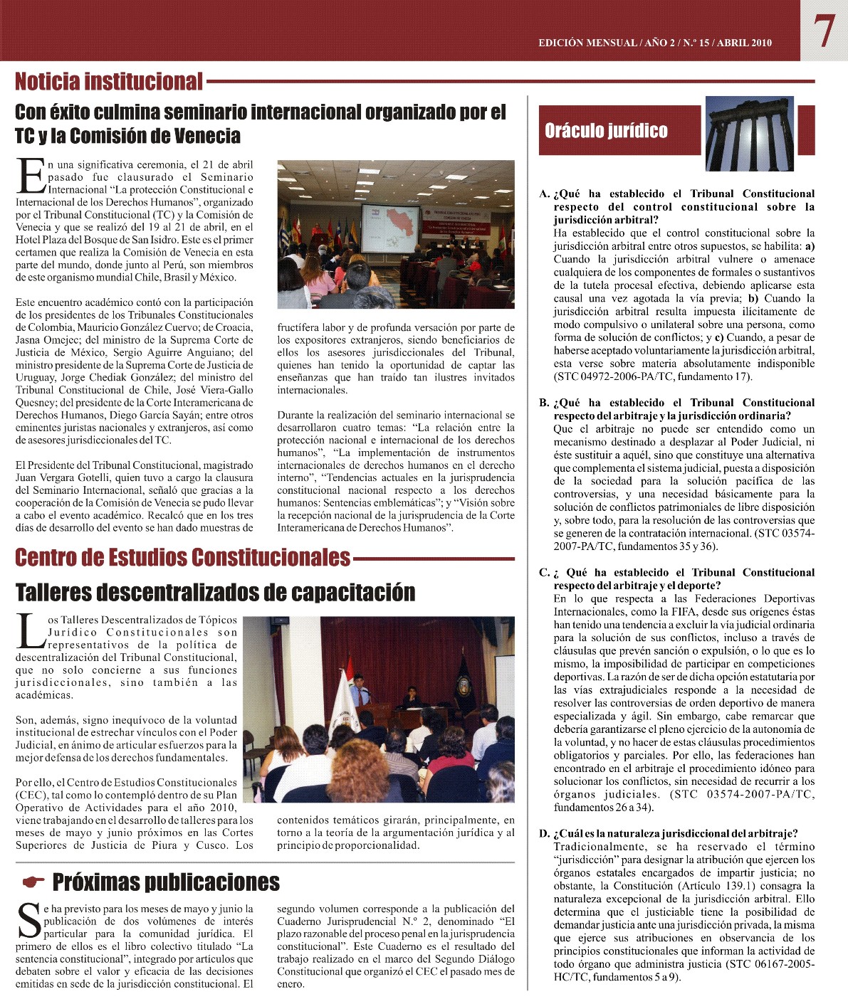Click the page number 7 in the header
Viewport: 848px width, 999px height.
[x=825, y=32]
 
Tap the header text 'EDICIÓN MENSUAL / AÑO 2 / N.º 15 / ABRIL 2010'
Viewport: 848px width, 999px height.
[x=654, y=43]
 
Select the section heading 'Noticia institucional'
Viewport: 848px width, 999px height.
[x=109, y=82]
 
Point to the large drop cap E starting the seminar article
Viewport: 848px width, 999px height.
[x=31, y=176]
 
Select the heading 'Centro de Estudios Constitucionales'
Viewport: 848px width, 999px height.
[x=183, y=557]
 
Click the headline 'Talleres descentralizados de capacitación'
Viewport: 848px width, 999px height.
[x=215, y=592]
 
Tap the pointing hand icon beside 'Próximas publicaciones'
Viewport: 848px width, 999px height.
[x=33, y=883]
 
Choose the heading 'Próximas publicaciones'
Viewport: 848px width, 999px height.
[x=166, y=883]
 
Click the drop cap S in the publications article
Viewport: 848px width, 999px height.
[x=28, y=920]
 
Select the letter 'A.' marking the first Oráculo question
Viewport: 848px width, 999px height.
[x=545, y=194]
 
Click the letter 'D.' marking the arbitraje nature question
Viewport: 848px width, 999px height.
[x=545, y=834]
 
